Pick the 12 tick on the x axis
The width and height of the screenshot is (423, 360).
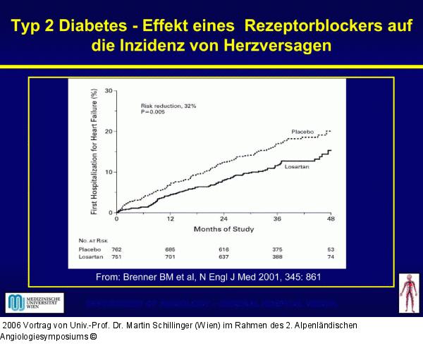(x=170, y=219)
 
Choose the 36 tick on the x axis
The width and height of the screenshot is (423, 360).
(x=277, y=219)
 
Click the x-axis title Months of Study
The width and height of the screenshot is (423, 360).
(x=223, y=229)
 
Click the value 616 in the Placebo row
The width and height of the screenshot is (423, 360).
(x=223, y=249)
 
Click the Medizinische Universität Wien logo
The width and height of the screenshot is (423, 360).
(x=35, y=303)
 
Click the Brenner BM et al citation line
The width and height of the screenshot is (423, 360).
(x=209, y=277)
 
